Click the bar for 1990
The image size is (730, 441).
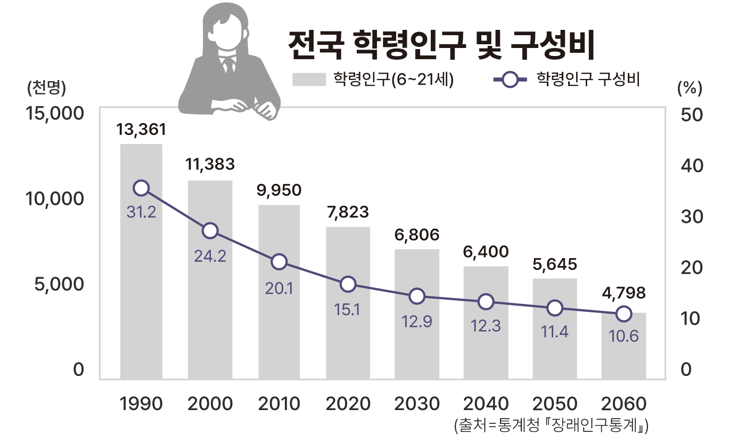(x=141, y=261)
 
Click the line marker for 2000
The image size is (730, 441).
(x=210, y=230)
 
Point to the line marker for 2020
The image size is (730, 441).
(x=348, y=284)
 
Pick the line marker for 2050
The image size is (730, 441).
(x=555, y=308)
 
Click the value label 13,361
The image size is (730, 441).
(x=141, y=130)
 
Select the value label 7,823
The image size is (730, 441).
(x=348, y=212)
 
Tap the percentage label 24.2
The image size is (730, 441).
(x=210, y=256)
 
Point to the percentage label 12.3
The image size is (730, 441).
(x=486, y=326)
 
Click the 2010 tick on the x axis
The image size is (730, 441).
(x=279, y=404)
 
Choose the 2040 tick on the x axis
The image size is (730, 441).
(x=486, y=404)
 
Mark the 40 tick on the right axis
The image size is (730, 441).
(x=692, y=166)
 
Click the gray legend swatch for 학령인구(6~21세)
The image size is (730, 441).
(x=309, y=79)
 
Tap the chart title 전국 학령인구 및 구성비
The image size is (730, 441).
(x=440, y=46)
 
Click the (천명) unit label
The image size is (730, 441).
(x=46, y=88)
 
